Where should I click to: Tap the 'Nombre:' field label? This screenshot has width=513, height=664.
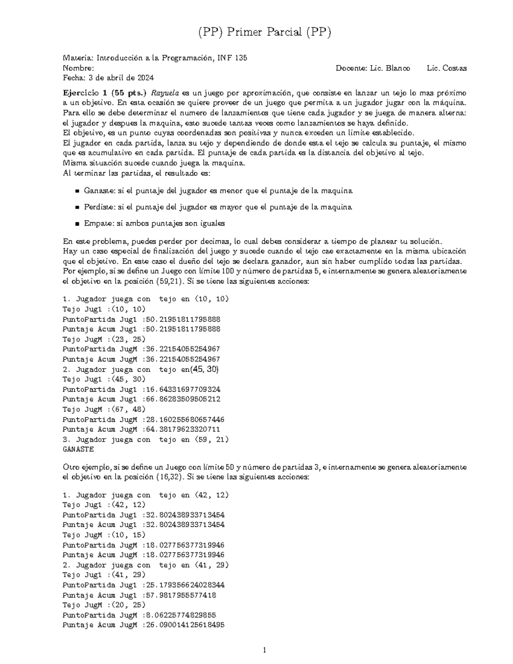pyautogui.click(x=78, y=68)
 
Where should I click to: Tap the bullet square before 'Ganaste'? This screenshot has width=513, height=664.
pyautogui.click(x=77, y=191)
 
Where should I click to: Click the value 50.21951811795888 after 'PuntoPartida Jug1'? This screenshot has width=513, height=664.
pyautogui.click(x=183, y=319)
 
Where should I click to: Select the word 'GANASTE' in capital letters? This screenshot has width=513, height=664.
pyautogui.click(x=78, y=449)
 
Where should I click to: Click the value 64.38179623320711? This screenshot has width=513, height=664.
pyautogui.click(x=183, y=429)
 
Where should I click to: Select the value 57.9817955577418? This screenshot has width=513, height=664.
pyautogui.click(x=181, y=595)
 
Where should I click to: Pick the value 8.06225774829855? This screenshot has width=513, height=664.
pyautogui.click(x=181, y=615)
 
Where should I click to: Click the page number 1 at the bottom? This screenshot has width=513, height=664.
pyautogui.click(x=265, y=650)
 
